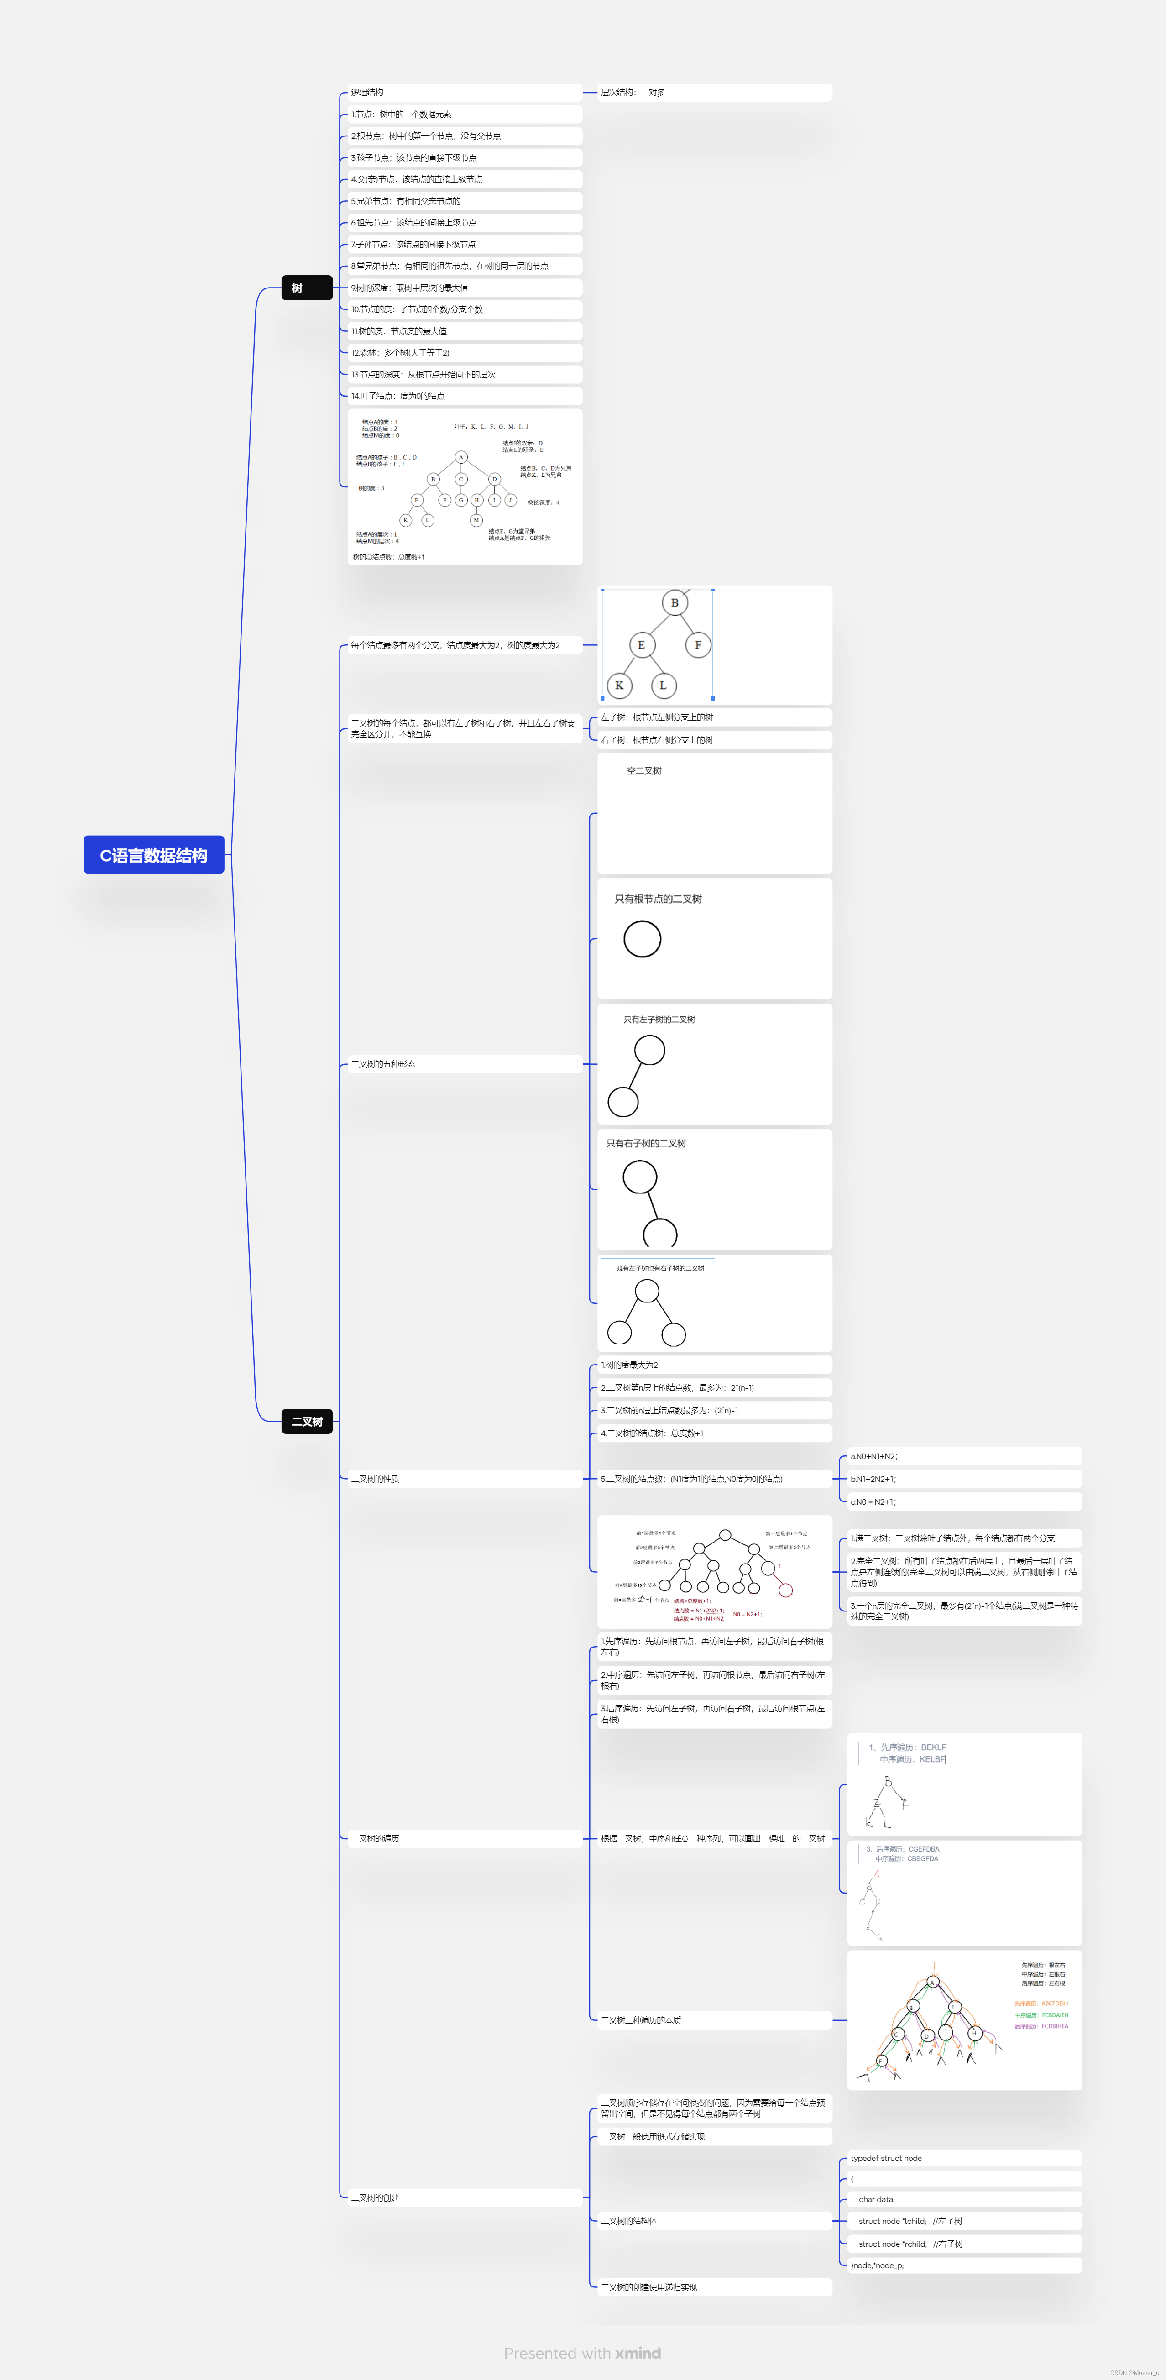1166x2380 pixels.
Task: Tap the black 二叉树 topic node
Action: (307, 1421)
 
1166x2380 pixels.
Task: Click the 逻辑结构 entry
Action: (368, 92)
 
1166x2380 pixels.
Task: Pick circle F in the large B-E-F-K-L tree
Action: (698, 645)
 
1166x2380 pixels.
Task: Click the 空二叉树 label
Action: (644, 770)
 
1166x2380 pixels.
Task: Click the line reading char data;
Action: (877, 2199)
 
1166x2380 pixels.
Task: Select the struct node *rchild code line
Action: (910, 2243)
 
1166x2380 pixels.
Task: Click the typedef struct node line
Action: (886, 2158)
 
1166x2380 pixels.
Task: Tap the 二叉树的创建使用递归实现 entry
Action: (648, 2287)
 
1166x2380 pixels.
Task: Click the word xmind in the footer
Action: (638, 2353)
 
